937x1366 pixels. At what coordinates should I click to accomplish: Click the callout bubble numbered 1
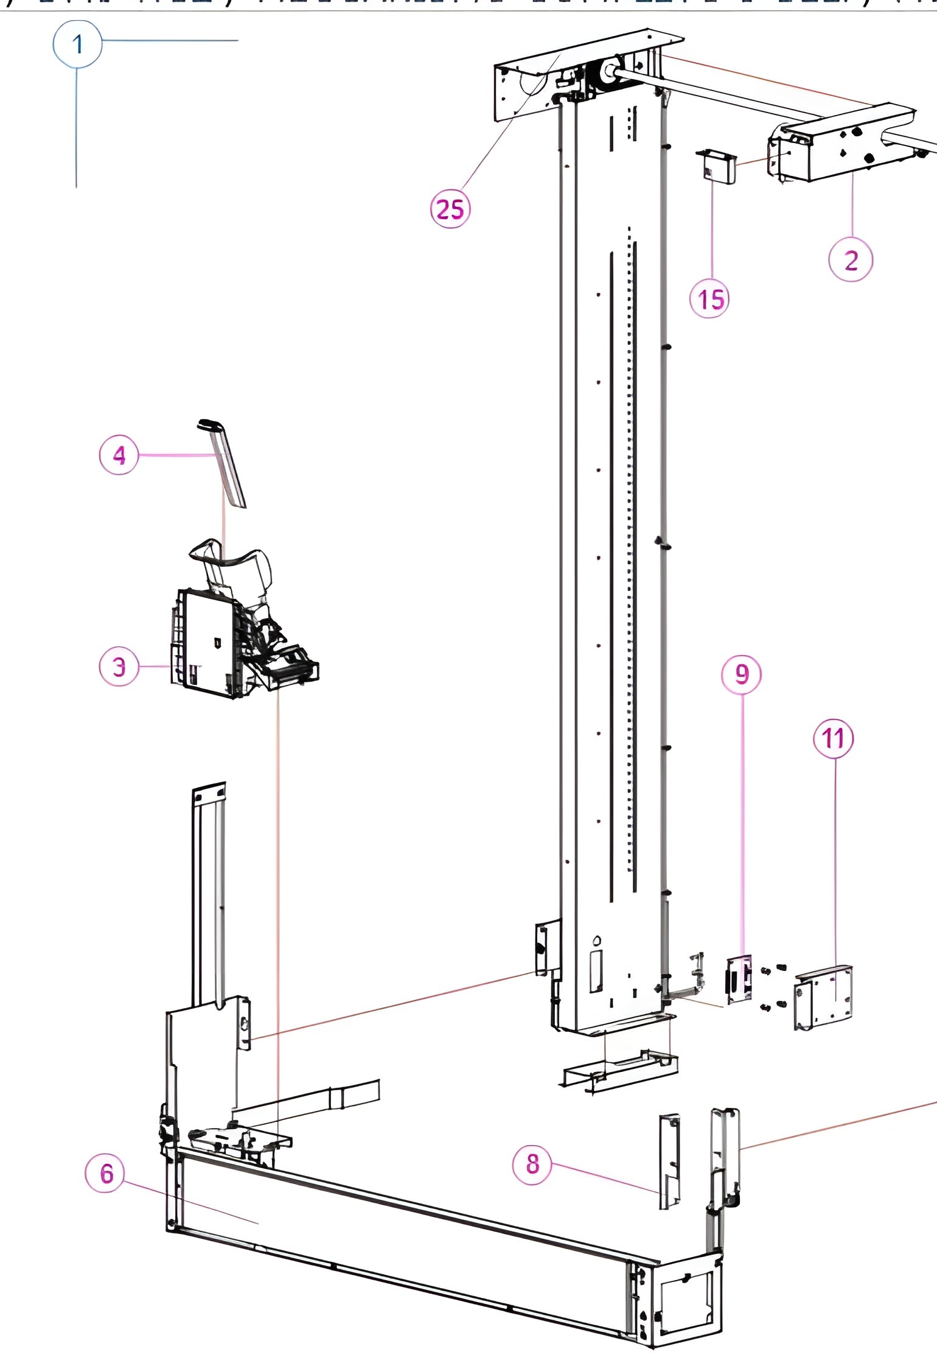(x=77, y=44)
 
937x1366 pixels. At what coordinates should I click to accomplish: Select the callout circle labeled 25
(x=450, y=209)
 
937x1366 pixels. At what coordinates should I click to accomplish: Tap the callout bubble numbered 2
(x=851, y=260)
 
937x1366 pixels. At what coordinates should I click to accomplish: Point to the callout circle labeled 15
(x=709, y=299)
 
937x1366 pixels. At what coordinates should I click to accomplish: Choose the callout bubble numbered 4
(x=119, y=455)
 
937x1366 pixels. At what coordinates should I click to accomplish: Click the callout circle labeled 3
(x=119, y=667)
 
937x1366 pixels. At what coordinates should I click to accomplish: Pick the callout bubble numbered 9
(x=741, y=674)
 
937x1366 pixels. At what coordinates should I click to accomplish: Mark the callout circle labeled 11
(x=834, y=738)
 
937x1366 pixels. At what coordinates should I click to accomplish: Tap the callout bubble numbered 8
(x=532, y=1164)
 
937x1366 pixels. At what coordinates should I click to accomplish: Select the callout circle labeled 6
(x=106, y=1173)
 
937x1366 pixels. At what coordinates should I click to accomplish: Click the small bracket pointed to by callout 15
(x=716, y=166)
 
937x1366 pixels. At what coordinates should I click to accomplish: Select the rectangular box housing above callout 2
(x=843, y=143)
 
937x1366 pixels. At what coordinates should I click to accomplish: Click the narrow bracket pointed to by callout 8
(x=669, y=1161)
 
